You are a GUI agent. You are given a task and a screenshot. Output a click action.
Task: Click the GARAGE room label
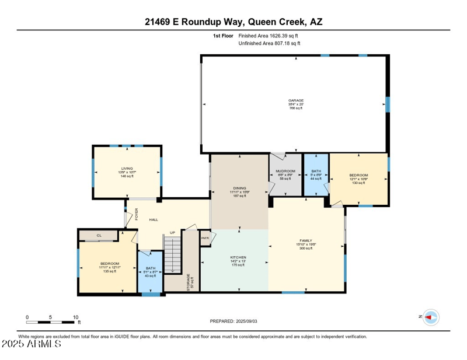[296, 100]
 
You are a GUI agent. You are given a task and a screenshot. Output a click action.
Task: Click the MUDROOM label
[284, 172]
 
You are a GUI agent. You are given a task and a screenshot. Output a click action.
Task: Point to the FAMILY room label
[306, 240]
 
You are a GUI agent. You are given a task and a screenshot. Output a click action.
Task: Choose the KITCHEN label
[238, 257]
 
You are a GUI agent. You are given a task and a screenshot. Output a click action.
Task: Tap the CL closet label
[99, 236]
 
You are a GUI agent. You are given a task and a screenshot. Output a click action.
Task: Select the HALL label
[154, 220]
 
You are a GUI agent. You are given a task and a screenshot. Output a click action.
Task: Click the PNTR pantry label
[205, 238]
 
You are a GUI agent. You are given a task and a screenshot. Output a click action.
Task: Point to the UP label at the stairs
[172, 233]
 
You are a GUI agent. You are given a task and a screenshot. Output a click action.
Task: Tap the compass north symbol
[430, 317]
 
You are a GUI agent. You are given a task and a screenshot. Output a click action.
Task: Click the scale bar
[51, 321]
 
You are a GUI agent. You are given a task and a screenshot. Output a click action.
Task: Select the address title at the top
[233, 22]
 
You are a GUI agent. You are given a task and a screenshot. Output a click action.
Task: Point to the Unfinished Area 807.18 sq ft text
[269, 43]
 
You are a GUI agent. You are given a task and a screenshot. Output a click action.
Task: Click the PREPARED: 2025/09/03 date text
[233, 321]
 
